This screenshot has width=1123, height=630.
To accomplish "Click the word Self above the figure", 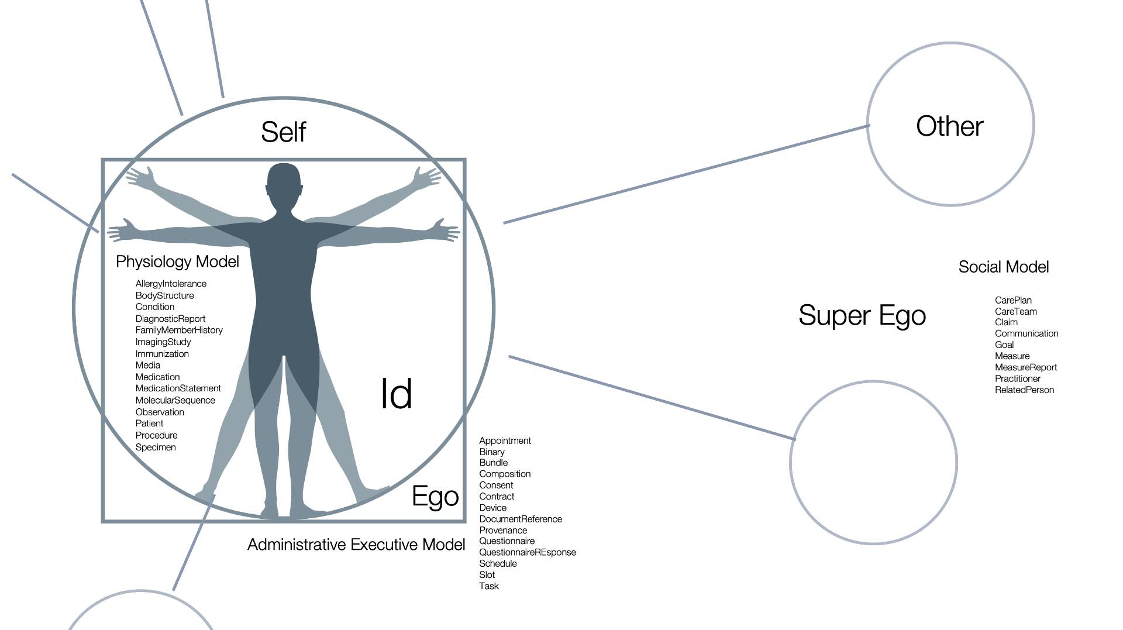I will tap(283, 132).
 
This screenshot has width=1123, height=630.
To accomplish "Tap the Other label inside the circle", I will tap(949, 126).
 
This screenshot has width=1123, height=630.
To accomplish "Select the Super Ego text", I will tap(862, 316).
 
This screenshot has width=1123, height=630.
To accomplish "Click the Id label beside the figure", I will tap(396, 394).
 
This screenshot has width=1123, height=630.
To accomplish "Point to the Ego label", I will tap(435, 497).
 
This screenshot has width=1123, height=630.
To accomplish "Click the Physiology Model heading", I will tap(177, 261).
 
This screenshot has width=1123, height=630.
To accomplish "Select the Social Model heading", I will tap(1003, 267).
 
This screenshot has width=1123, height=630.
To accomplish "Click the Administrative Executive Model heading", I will tap(356, 545).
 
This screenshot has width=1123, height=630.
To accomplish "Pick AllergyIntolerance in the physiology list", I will tap(171, 284).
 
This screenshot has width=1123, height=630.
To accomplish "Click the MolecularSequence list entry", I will tap(175, 401).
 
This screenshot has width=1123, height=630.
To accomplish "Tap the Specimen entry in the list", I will tap(156, 447).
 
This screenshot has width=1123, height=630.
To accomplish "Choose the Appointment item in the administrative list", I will tap(505, 441).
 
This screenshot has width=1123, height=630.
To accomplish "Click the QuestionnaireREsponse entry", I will tap(527, 553).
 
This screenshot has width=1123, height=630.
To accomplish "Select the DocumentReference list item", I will tap(520, 519).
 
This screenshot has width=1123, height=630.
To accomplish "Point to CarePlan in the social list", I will tap(1013, 301).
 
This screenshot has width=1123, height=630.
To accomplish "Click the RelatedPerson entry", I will tap(1024, 390).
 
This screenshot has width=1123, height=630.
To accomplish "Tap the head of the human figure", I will tap(284, 184).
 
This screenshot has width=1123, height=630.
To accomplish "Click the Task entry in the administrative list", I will tap(488, 586).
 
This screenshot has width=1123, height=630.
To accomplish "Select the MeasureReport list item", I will tap(1025, 368).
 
